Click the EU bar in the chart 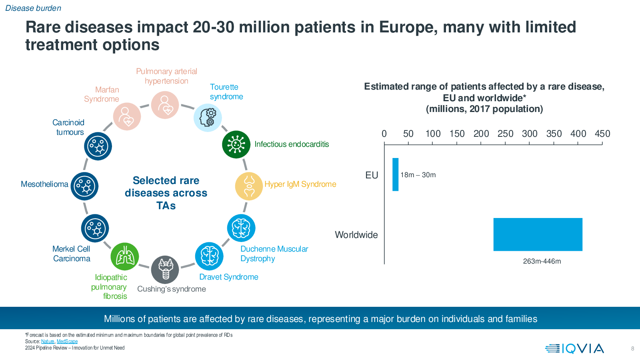[x=395, y=174]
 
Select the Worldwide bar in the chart [x=538, y=234]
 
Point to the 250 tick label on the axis [x=505, y=134]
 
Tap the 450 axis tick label [x=602, y=134]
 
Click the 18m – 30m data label [x=418, y=175]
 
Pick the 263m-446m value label [x=542, y=261]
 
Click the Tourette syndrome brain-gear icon [x=208, y=118]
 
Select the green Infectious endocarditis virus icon [x=236, y=144]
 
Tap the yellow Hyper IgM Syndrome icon [x=249, y=186]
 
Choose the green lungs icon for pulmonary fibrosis [x=125, y=256]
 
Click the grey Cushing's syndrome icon [x=165, y=270]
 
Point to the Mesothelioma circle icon [x=84, y=186]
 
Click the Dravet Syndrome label [x=228, y=277]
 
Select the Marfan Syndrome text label [x=102, y=94]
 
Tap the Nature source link [x=48, y=342]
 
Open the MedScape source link [x=67, y=342]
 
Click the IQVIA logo [x=574, y=349]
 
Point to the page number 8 [x=632, y=349]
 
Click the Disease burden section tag [x=33, y=8]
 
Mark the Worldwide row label [x=356, y=235]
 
